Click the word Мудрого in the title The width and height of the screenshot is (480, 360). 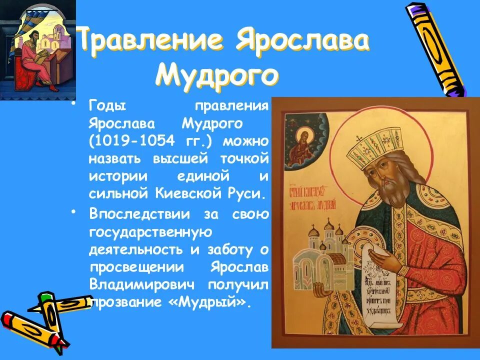click(x=216, y=75)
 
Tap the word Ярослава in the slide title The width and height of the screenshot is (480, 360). click(x=302, y=41)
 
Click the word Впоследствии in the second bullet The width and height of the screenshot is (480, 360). click(x=140, y=214)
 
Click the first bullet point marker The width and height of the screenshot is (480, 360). click(x=74, y=104)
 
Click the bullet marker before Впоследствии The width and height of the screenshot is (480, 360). click(x=74, y=212)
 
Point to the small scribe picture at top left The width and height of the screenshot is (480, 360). click(x=37, y=50)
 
